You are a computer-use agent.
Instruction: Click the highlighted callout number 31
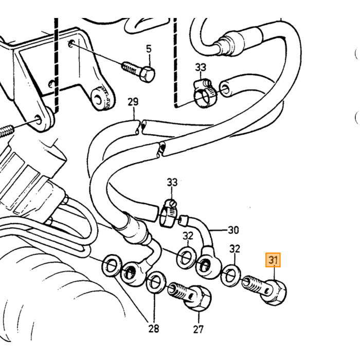point(273,260)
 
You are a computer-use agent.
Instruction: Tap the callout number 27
point(199,329)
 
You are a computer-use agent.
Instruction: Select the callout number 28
point(154,329)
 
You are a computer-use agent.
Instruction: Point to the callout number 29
point(133,102)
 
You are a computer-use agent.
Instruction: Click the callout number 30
point(233,230)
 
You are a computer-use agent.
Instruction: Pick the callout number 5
point(149,49)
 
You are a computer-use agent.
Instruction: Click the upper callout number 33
point(201,67)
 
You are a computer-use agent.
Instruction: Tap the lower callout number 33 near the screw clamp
point(172,183)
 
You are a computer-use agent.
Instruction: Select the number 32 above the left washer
point(188,236)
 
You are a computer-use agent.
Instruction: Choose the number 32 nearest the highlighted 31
point(235,249)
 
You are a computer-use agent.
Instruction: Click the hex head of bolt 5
point(147,74)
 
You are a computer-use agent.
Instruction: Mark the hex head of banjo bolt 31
point(274,292)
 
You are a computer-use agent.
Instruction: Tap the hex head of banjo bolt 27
point(198,298)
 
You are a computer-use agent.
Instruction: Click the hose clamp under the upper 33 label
point(204,94)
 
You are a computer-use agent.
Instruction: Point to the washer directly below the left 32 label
point(186,257)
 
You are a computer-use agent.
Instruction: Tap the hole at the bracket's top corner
point(71,44)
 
